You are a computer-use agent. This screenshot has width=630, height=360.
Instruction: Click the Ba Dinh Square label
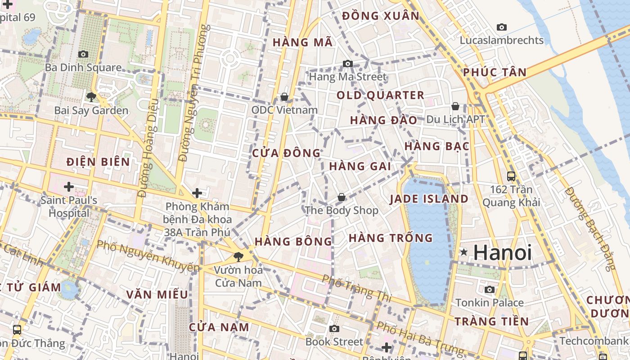pyautogui.click(x=83, y=68)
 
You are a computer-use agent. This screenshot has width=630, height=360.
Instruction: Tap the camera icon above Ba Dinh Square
pyautogui.click(x=83, y=54)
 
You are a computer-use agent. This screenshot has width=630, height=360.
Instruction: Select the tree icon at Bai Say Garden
pyautogui.click(x=91, y=97)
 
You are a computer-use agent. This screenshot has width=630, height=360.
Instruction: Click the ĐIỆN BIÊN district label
pyautogui.click(x=98, y=162)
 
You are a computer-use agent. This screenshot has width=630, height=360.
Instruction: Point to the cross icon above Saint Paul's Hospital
pyautogui.click(x=69, y=186)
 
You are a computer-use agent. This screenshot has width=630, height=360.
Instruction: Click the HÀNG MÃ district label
pyautogui.click(x=303, y=43)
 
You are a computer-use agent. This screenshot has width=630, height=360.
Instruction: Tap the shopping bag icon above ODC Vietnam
pyautogui.click(x=284, y=97)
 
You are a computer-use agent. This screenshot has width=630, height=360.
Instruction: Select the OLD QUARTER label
pyautogui.click(x=380, y=95)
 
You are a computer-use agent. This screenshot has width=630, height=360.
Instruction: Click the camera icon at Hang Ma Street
pyautogui.click(x=347, y=64)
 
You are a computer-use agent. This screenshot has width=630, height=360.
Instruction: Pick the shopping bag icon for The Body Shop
pyautogui.click(x=342, y=197)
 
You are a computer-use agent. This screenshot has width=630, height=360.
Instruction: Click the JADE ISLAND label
pyautogui.click(x=429, y=199)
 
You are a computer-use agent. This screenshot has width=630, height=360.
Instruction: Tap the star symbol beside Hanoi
pyautogui.click(x=463, y=252)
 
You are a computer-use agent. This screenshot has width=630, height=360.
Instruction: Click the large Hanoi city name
pyautogui.click(x=502, y=252)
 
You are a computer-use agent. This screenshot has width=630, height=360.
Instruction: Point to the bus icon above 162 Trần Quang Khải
pyautogui.click(x=511, y=176)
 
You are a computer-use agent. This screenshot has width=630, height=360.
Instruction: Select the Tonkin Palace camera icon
pyautogui.click(x=490, y=289)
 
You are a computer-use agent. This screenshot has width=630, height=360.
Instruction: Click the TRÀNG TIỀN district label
pyautogui.click(x=491, y=322)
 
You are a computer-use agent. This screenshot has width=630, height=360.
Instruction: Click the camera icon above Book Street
pyautogui.click(x=334, y=328)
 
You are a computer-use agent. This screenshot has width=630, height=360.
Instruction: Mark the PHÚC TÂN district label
pyautogui.click(x=495, y=72)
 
